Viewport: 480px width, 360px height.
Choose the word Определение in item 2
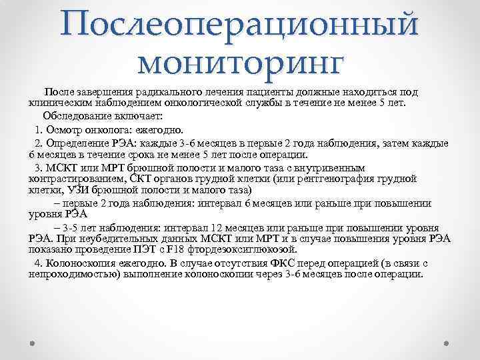[x=76, y=143]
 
